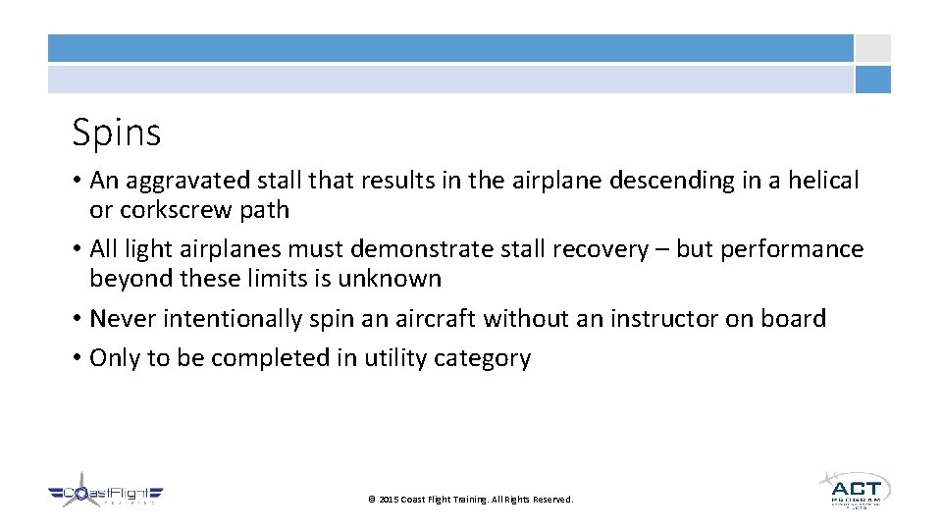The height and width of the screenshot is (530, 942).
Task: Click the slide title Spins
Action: (x=116, y=132)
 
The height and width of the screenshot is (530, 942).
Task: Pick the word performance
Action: (x=792, y=249)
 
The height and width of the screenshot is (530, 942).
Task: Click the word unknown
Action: (x=390, y=279)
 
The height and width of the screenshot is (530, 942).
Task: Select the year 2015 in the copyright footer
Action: (x=389, y=500)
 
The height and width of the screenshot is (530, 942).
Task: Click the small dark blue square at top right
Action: (x=872, y=79)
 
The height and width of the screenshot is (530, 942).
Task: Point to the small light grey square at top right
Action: (x=872, y=48)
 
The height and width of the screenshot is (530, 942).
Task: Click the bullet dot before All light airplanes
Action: (x=76, y=249)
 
